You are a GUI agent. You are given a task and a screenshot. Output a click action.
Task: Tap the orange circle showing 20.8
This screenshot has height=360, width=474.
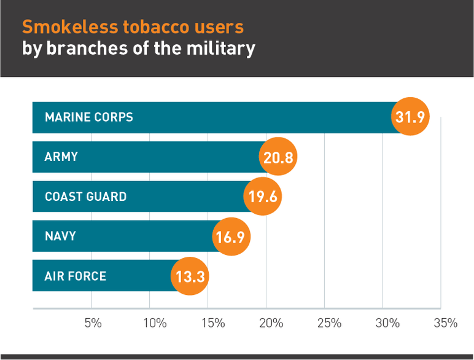278,157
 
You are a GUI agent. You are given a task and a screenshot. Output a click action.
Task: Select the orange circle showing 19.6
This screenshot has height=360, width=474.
263,197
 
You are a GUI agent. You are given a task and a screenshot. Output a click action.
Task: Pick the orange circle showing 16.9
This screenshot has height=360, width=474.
231,237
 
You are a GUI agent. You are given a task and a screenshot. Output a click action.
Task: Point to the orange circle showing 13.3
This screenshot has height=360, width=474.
190,276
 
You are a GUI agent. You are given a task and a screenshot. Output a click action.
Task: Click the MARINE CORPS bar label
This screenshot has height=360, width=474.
88,117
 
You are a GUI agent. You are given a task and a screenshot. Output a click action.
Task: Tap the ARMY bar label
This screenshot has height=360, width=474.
61,157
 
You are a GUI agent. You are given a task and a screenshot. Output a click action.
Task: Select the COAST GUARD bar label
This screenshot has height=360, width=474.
85,197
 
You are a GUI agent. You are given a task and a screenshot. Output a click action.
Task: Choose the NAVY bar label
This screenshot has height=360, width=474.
60,236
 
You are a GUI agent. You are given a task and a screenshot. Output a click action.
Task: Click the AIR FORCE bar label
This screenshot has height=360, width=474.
76,276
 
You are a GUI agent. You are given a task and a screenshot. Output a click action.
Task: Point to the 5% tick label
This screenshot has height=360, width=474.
93,323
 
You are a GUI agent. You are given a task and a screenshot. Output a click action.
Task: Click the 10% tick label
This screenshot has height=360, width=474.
153,323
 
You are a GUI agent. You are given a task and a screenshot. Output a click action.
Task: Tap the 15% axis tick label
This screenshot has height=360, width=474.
212,323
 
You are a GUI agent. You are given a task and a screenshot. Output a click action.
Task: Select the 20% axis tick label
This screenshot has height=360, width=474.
270,323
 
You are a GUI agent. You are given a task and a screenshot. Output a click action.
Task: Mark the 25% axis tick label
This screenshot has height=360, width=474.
328,323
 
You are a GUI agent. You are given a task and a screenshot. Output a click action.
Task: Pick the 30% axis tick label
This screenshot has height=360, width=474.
387,323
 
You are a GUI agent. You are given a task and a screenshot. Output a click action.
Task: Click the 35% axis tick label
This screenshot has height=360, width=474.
445,323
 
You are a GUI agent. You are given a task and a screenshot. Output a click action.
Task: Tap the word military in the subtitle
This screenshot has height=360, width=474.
218,49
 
